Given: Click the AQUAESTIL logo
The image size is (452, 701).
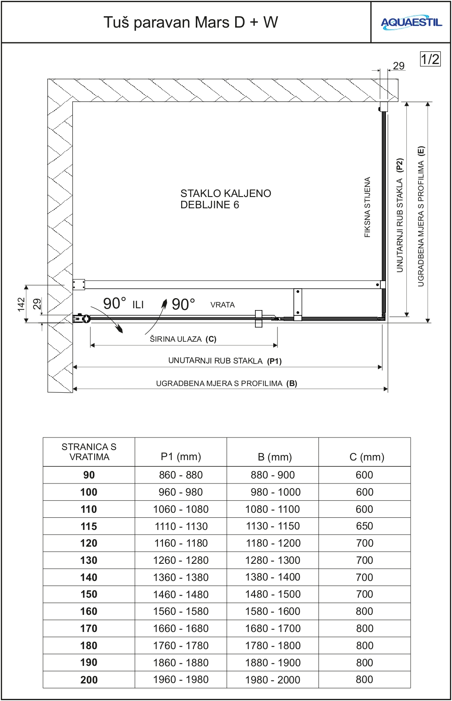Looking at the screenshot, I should pos(411,23).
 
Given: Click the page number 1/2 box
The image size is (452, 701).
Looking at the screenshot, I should pos(430,59).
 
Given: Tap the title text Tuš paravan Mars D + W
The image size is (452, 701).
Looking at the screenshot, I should pos(190,22).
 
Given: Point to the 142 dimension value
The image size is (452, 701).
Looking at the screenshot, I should pos(21,304).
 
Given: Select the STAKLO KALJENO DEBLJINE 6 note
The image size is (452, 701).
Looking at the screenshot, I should pos(226,199).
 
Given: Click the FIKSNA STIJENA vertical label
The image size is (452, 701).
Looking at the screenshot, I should pos(367,207).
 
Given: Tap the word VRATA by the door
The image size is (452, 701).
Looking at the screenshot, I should pos(222,305).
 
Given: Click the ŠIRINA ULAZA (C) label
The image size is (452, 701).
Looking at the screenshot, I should pos(183,339).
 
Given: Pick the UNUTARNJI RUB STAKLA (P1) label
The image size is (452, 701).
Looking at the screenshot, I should pos(225,361).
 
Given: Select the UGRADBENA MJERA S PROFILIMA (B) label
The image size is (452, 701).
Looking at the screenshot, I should pos(226,383).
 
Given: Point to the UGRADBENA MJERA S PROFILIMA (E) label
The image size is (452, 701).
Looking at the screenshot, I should pos(421,216).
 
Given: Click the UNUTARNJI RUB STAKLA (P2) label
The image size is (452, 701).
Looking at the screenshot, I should pos(400,215).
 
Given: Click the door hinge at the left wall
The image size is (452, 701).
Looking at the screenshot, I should pos(82,319).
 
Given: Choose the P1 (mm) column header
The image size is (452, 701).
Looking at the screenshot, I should pos(181,457).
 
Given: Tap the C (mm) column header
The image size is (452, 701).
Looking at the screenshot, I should pos(367,457).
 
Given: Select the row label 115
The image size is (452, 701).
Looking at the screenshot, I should pos(89,526).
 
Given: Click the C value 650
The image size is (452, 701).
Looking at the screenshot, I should pos(365,526).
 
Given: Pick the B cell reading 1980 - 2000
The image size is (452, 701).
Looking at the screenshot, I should pos(273,680).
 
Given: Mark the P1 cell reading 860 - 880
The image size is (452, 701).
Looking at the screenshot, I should pos(181,475).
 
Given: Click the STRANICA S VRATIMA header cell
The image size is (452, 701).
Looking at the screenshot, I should pos(89,452).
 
